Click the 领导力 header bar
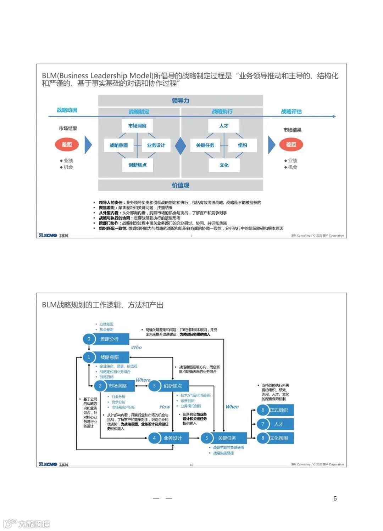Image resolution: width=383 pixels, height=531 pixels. (x=181, y=101)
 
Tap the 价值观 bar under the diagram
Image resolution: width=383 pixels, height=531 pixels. (x=181, y=185)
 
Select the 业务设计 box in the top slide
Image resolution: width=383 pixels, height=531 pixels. (x=156, y=145)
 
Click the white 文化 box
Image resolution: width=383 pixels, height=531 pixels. (x=224, y=165)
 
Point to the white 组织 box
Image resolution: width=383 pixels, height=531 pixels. (x=243, y=145)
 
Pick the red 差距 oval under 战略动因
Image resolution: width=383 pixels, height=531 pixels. (x=67, y=145)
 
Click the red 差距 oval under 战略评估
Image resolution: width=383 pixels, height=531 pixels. (x=291, y=145)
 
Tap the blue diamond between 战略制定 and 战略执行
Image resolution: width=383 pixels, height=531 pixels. (x=181, y=146)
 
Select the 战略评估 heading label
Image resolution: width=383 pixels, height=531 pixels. (x=291, y=112)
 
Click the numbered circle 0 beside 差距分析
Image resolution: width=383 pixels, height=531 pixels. (x=89, y=339)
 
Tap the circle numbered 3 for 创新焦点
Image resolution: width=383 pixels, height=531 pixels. (x=154, y=386)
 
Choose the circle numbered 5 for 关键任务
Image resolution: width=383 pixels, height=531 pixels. (x=207, y=438)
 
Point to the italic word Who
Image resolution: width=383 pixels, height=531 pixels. (x=136, y=348)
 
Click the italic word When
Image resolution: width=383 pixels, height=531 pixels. (x=232, y=407)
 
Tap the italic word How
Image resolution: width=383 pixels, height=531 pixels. (x=165, y=407)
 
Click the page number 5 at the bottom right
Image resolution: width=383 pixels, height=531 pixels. (x=335, y=498)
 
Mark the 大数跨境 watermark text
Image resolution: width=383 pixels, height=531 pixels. (x=34, y=524)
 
